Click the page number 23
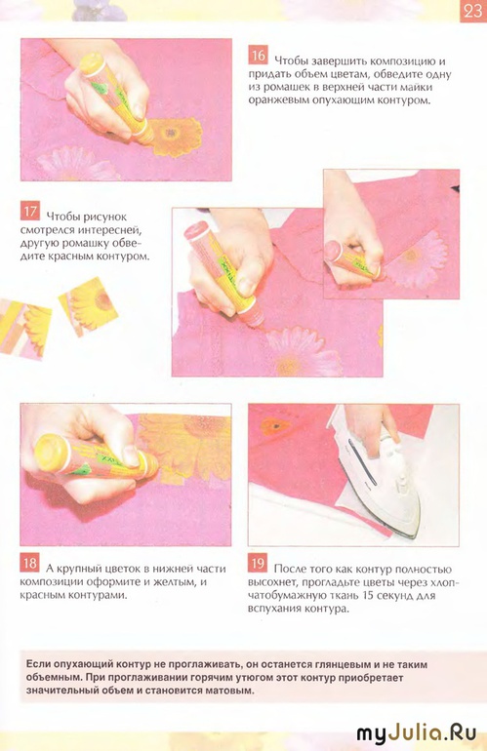click(x=472, y=11)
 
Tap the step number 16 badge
click(x=258, y=56)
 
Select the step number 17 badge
click(x=29, y=212)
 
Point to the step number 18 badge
click(x=29, y=564)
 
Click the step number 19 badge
click(x=258, y=564)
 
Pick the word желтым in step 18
click(x=177, y=582)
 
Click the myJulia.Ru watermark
click(x=417, y=733)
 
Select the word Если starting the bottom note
click(x=37, y=665)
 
